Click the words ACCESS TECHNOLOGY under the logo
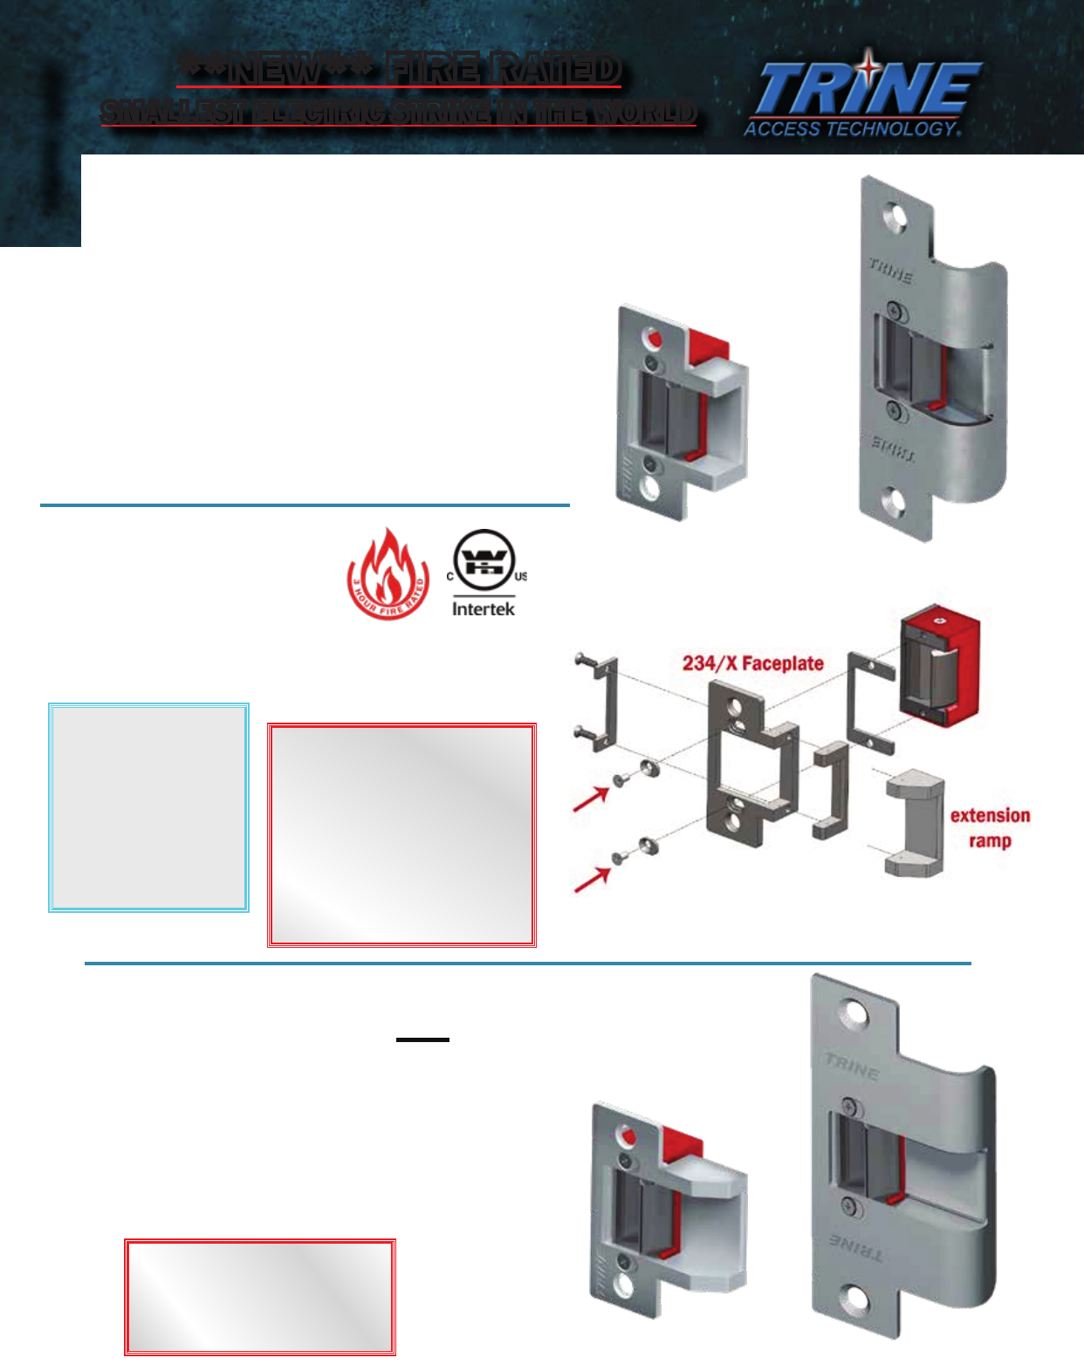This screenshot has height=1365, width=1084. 851,129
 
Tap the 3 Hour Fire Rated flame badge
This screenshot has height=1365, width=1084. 388,574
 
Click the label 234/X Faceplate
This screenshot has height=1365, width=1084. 752,663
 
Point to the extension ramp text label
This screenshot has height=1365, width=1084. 990,827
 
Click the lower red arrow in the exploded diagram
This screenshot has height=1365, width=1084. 592,880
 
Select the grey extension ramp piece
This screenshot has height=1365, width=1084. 915,822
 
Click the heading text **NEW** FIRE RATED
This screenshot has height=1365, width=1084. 399,70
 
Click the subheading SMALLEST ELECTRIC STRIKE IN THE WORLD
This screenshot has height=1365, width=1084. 398,113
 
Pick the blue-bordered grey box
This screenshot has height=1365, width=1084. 148,807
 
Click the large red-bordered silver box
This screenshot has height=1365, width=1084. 401,834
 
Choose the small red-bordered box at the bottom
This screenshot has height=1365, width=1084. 260,1297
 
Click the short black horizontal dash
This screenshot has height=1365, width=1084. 422,1039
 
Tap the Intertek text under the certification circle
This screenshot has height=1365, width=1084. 484,609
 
